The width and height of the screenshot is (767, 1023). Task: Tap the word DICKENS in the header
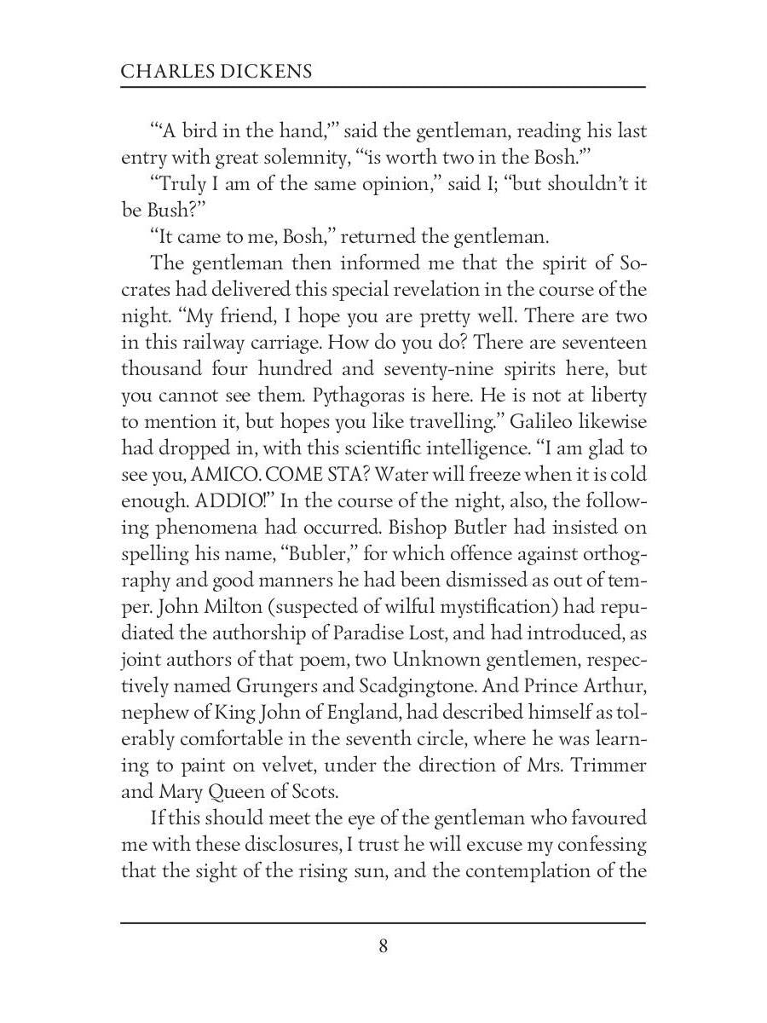[266, 72]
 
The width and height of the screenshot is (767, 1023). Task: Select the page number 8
[383, 945]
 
